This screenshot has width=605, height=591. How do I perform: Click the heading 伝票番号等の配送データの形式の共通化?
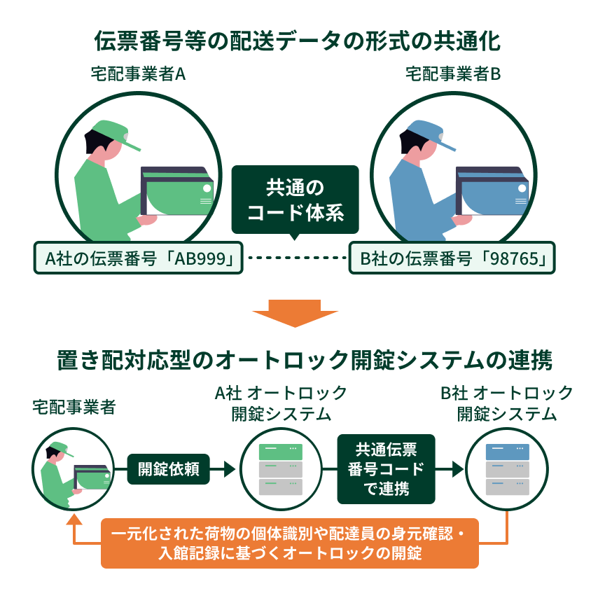(297, 41)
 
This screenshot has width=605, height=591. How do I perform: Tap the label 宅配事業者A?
(138, 74)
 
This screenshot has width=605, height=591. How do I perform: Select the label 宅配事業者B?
(453, 74)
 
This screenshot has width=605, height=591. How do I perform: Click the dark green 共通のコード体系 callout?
(295, 199)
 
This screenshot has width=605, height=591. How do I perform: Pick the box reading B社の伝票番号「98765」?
(452, 258)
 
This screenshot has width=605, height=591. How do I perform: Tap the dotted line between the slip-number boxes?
(295, 258)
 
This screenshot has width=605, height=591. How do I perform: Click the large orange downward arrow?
(295, 312)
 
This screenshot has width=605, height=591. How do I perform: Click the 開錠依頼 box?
(169, 468)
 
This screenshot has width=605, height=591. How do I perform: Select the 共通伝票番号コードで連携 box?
(386, 468)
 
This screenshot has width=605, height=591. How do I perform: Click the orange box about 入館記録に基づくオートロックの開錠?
(291, 543)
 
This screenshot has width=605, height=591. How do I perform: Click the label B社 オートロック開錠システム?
(507, 403)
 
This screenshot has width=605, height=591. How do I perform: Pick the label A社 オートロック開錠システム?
(281, 403)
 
